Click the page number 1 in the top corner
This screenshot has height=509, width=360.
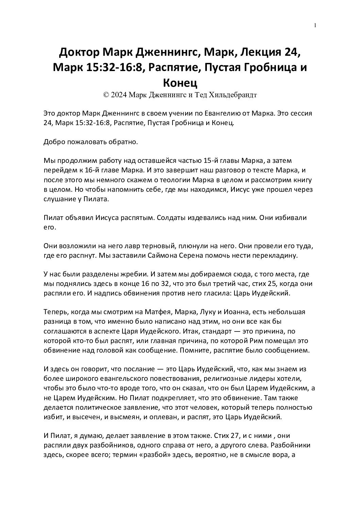(315, 25)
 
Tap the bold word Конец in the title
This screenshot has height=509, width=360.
(180, 82)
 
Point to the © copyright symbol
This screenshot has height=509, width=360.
(105, 95)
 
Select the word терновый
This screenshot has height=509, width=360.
(133, 246)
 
